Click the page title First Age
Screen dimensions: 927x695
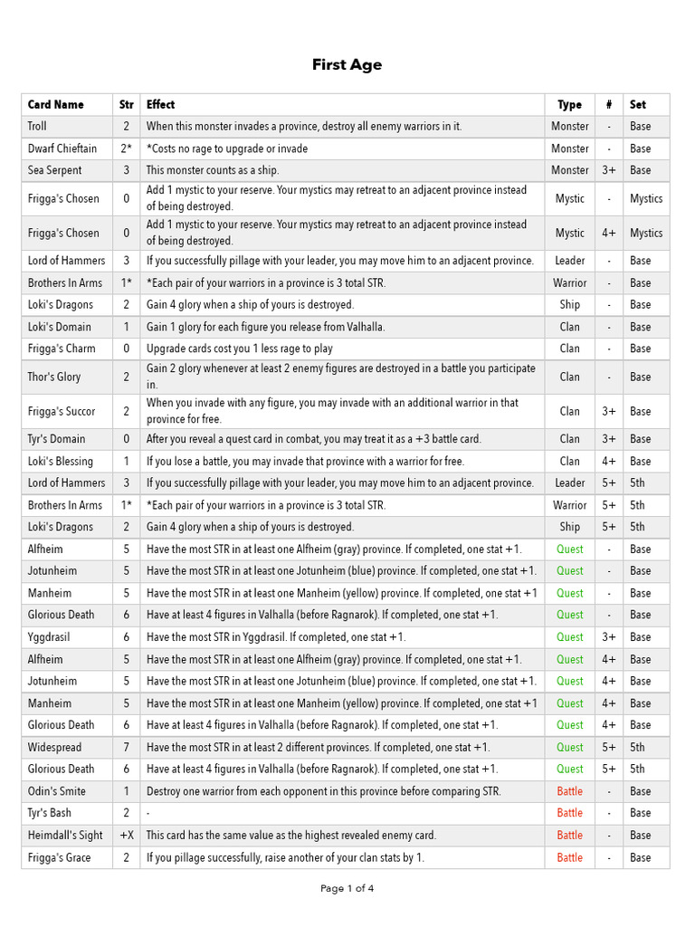[347, 64]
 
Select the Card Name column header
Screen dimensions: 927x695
[55, 105]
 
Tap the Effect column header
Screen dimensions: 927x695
[161, 105]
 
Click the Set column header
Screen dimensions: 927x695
[638, 105]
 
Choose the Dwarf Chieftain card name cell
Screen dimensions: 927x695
[62, 148]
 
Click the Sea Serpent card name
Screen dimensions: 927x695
[54, 170]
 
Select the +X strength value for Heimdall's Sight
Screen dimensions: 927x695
[126, 836]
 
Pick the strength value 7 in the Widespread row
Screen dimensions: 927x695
[126, 748]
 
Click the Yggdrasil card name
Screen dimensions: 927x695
[49, 637]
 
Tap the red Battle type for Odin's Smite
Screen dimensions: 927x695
[569, 791]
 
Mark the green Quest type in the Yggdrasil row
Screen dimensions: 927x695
[569, 637]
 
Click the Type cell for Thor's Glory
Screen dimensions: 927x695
[569, 377]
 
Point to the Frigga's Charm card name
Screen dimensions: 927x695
[62, 349]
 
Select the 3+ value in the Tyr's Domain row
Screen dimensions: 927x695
[608, 439]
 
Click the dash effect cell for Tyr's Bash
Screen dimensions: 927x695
[148, 813]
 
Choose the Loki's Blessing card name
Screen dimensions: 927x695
[60, 462]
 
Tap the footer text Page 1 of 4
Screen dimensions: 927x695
[347, 888]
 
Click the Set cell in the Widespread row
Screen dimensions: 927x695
[638, 748]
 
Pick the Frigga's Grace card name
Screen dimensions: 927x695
[59, 857]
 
